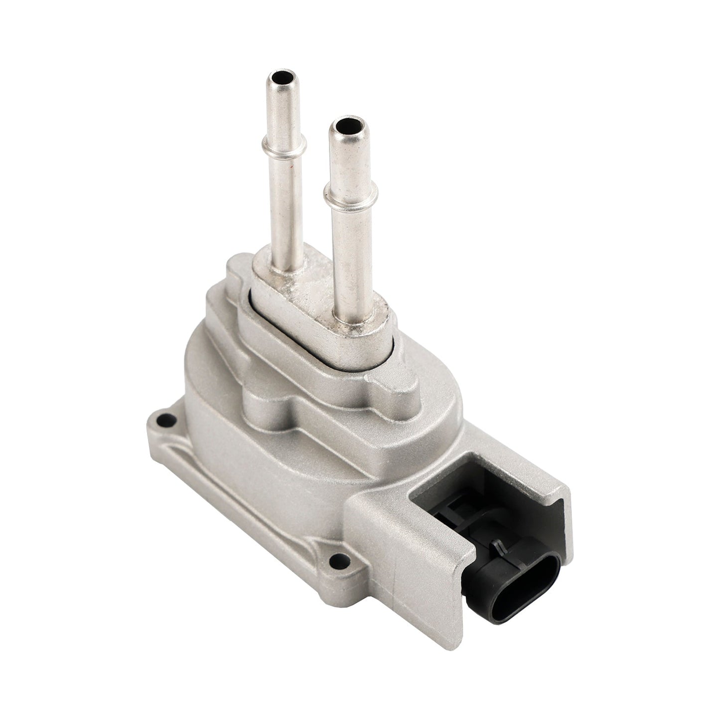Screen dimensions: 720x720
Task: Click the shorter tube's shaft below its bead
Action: pos(345,249)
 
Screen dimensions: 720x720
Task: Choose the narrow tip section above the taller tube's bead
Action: pos(279,110)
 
